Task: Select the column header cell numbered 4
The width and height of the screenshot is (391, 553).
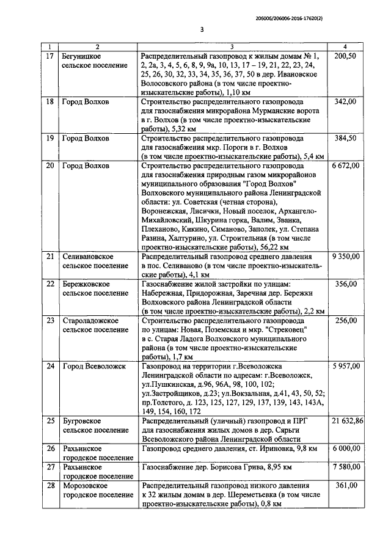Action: click(x=346, y=47)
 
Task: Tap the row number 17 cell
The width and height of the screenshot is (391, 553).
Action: click(x=51, y=56)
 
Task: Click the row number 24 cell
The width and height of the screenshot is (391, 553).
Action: click(x=51, y=366)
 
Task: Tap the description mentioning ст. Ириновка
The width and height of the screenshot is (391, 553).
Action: click(x=229, y=449)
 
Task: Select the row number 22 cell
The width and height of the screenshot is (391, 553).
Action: click(x=51, y=284)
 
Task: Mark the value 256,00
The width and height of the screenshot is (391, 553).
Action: click(x=346, y=320)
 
